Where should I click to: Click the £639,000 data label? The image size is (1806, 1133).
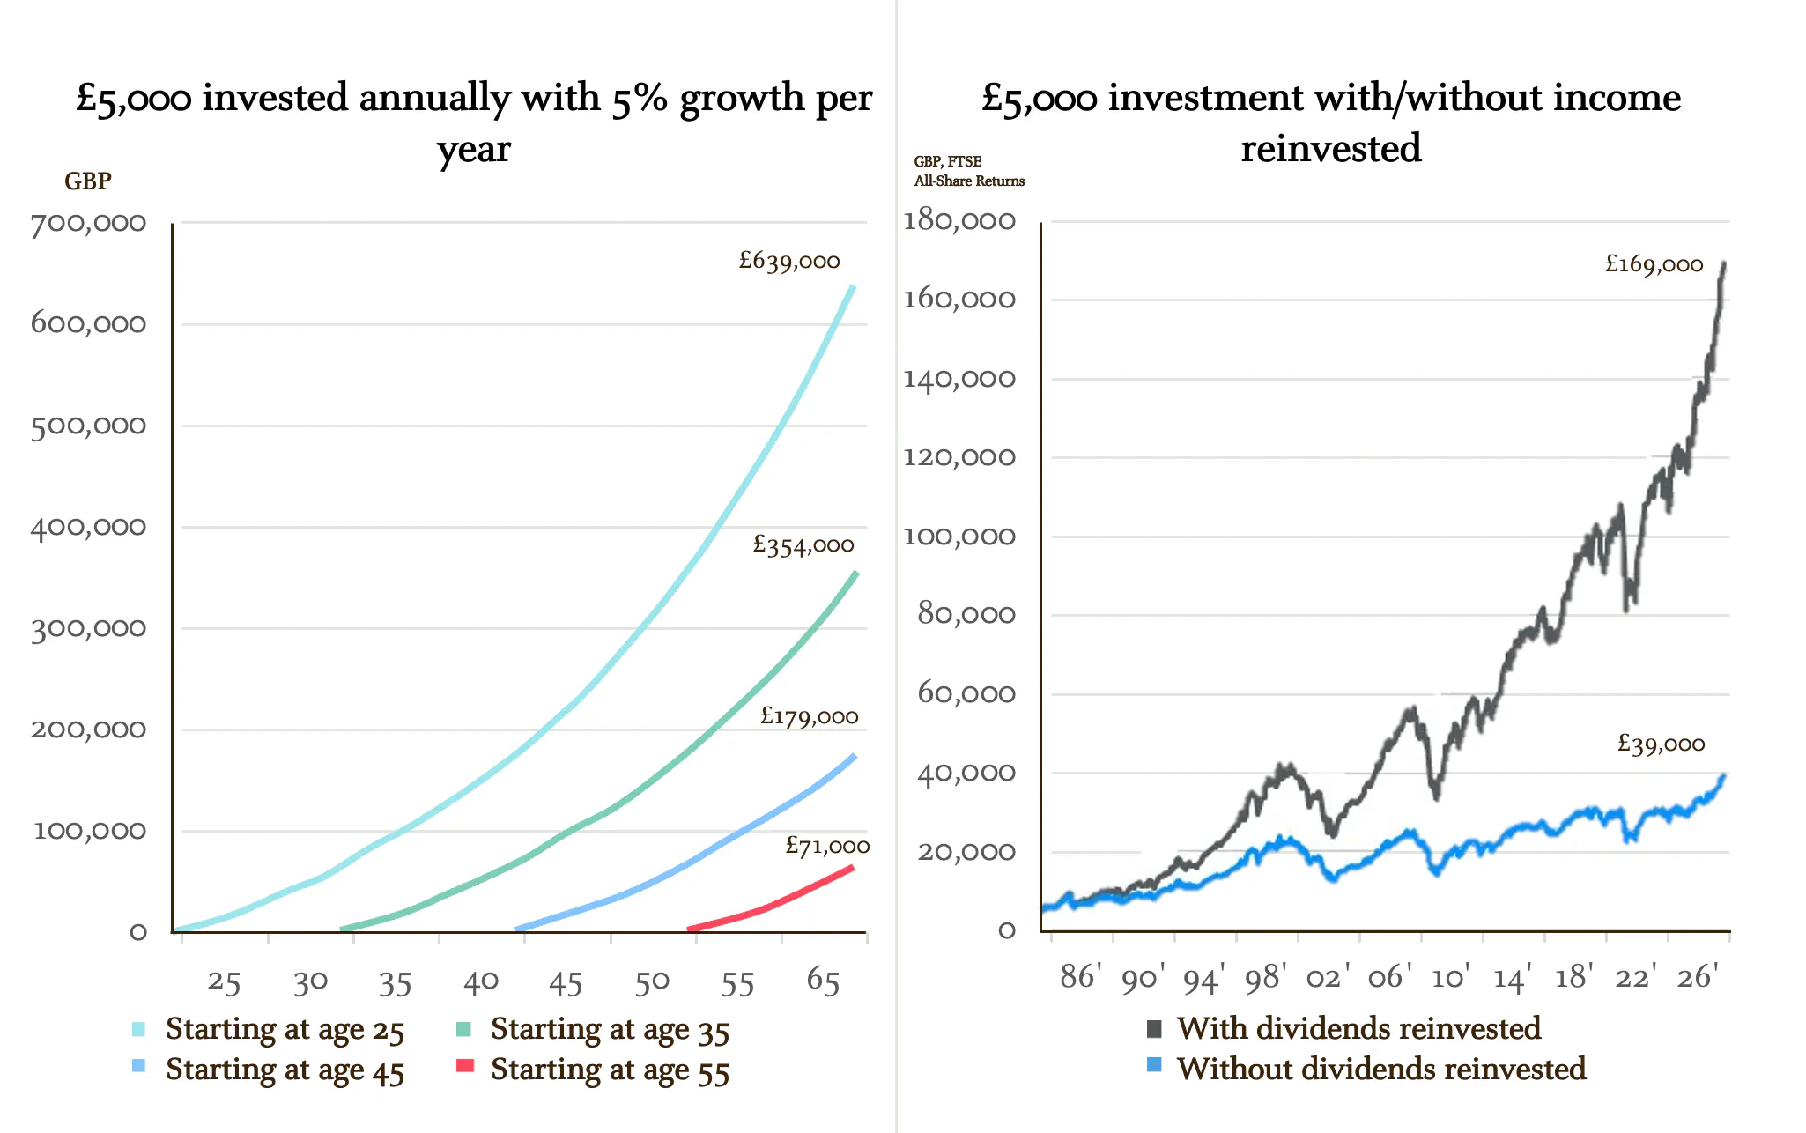pyautogui.click(x=789, y=261)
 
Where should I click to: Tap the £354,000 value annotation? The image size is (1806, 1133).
pyautogui.click(x=803, y=545)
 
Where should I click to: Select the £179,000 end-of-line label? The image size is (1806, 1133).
pyautogui.click(x=809, y=716)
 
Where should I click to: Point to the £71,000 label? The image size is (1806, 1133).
pyautogui.click(x=826, y=847)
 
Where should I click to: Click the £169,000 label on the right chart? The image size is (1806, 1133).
pyautogui.click(x=1654, y=264)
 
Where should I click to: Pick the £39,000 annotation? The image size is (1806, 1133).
pyautogui.click(x=1661, y=744)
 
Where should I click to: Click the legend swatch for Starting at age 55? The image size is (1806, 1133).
pyautogui.click(x=465, y=1066)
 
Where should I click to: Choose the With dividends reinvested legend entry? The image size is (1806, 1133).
pyautogui.click(x=1358, y=1028)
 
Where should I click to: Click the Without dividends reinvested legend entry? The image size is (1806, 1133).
pyautogui.click(x=1380, y=1069)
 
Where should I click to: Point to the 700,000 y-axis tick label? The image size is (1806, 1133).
pyautogui.click(x=88, y=223)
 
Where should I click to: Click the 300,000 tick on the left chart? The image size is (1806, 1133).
pyautogui.click(x=88, y=629)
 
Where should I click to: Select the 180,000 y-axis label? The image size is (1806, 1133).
pyautogui.click(x=959, y=220)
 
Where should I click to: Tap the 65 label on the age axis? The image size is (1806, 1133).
pyautogui.click(x=823, y=981)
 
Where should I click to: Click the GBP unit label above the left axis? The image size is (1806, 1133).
pyautogui.click(x=87, y=181)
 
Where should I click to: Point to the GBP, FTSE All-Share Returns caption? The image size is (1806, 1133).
pyautogui.click(x=968, y=171)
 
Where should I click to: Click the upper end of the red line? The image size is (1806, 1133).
pyautogui.click(x=851, y=868)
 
